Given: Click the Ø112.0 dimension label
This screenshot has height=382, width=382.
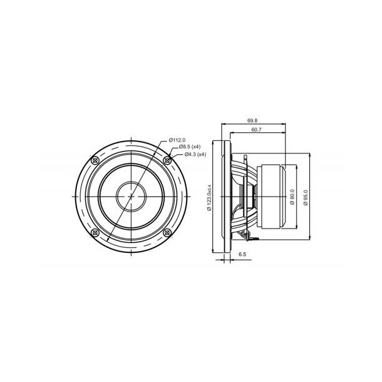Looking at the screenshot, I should [x=177, y=139].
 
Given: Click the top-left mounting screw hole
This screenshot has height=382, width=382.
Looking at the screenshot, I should [x=95, y=160].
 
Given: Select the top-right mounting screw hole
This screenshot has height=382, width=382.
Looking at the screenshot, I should [x=167, y=160].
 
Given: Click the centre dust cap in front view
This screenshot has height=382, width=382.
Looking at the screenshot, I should [x=130, y=196].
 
